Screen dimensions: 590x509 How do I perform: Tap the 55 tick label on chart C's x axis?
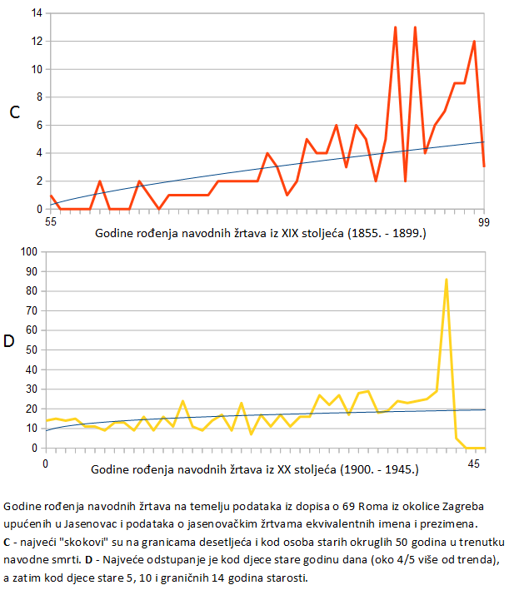coord(50,222)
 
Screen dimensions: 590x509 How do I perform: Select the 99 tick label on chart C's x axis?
coord(482,222)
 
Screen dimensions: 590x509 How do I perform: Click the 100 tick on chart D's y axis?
coord(29,251)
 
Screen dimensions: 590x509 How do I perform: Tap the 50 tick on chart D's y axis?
coord(32,350)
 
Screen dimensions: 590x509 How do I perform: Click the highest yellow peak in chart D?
coord(447,280)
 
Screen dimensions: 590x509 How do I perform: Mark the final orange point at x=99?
coord(484,166)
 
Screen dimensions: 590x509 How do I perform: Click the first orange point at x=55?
coord(51,196)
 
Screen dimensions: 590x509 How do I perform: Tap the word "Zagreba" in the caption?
coord(480,506)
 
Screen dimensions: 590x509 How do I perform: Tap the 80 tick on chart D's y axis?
coord(32,290)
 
